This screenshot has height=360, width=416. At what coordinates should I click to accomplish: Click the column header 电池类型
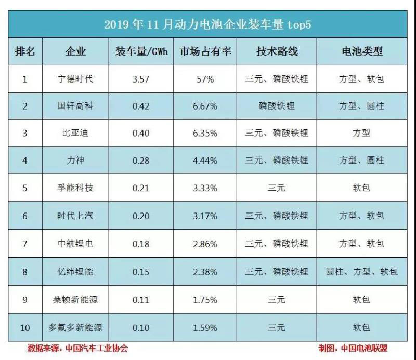[361, 51]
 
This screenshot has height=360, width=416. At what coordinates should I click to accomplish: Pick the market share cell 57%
[205, 79]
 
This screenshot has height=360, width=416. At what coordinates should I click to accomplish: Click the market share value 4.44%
[205, 161]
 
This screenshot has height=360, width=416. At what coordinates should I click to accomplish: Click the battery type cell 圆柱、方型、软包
[361, 271]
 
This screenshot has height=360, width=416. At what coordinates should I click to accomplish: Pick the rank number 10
[25, 328]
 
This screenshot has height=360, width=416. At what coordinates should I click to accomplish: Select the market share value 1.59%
[205, 328]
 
